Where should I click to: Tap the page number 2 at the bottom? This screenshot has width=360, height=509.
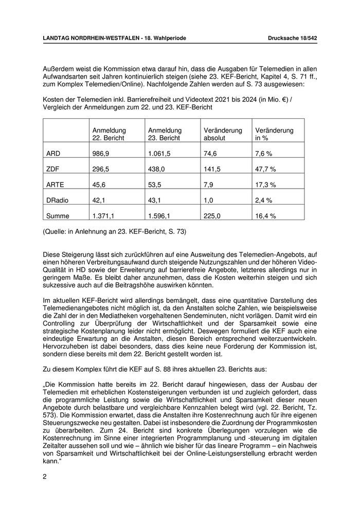tap(45, 477)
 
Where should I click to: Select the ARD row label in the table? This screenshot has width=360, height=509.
tap(53, 153)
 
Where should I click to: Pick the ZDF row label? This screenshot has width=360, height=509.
tap(53, 169)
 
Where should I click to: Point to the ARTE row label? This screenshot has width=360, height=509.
tap(55, 184)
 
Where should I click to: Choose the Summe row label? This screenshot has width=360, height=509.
tap(57, 216)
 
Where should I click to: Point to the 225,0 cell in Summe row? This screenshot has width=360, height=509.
tap(212, 216)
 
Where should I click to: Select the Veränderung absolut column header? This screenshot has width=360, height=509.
tap(223, 134)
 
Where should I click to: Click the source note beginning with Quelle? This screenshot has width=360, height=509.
tap(114, 232)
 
